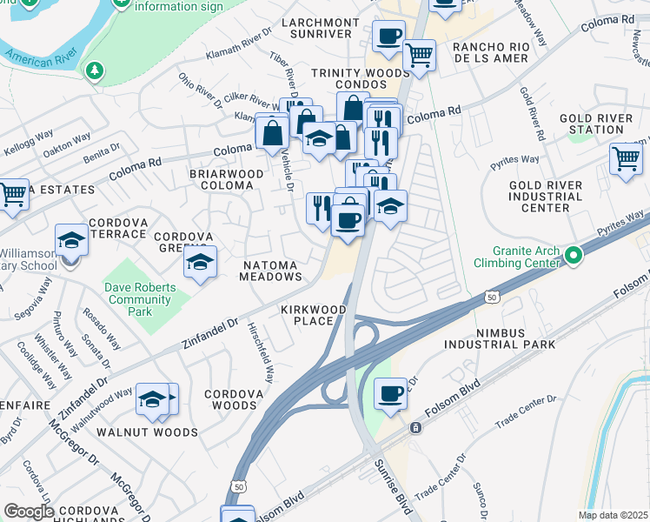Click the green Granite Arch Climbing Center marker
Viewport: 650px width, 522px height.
pyautogui.click(x=573, y=255)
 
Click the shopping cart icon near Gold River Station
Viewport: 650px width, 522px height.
pyautogui.click(x=626, y=159)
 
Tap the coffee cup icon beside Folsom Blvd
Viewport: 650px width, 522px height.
pyautogui.click(x=390, y=393)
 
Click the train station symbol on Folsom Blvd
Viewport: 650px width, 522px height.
pyautogui.click(x=416, y=428)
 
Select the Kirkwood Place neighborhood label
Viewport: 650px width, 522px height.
pyautogui.click(x=313, y=315)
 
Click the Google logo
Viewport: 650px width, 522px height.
pyautogui.click(x=29, y=512)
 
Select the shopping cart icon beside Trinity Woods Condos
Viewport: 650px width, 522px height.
pyautogui.click(x=419, y=56)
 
